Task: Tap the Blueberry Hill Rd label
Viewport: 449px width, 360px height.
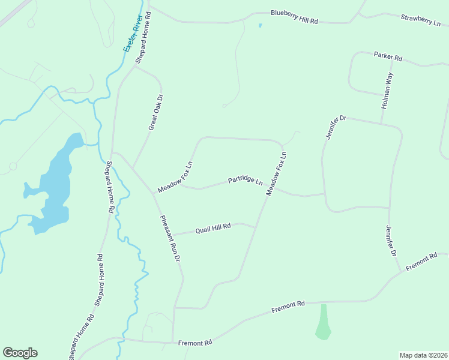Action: (294, 17)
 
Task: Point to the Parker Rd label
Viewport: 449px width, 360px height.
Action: (388, 56)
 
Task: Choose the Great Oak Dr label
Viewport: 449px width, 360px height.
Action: (155, 112)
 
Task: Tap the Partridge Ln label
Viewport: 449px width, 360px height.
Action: (245, 181)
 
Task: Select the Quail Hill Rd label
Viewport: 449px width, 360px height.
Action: (213, 228)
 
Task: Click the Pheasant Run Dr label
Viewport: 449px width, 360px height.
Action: (170, 237)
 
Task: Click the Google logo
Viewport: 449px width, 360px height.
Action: (20, 353)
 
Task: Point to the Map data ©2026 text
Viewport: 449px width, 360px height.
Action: (423, 355)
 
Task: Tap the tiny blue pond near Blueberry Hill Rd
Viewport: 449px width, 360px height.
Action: (260, 26)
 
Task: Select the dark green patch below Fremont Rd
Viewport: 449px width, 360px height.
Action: (324, 322)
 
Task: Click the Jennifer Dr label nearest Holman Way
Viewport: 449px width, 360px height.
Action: (336, 127)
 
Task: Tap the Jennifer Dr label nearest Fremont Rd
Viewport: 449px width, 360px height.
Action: (392, 241)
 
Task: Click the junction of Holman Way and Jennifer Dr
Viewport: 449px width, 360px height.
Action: (381, 124)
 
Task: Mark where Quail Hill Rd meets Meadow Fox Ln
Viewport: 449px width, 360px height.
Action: (255, 227)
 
